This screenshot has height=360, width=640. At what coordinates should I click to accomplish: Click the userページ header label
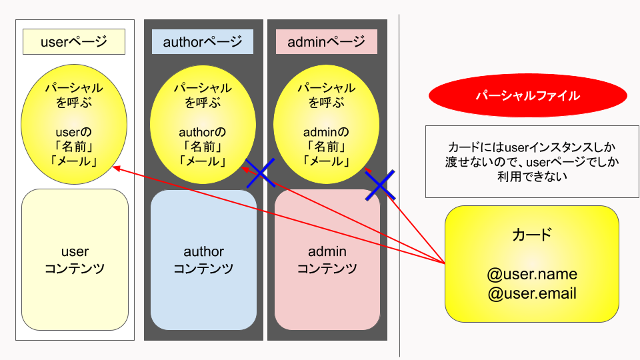74,42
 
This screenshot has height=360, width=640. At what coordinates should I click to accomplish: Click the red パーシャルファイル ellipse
527,96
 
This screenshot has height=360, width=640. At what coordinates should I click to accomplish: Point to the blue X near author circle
261,173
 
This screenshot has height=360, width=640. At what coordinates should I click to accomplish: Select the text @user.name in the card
532,275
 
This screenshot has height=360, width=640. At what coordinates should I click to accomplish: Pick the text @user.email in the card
532,293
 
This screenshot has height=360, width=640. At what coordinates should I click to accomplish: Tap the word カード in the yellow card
532,235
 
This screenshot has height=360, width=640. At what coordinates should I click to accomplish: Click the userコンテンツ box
75,259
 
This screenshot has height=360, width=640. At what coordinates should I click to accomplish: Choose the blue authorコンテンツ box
203,259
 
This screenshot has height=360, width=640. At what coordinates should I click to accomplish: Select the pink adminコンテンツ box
327,259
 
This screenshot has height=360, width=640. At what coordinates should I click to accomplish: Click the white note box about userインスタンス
527,161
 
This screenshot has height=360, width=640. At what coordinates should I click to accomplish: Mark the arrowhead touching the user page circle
116,168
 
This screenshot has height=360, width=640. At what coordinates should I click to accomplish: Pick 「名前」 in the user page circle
74,146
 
